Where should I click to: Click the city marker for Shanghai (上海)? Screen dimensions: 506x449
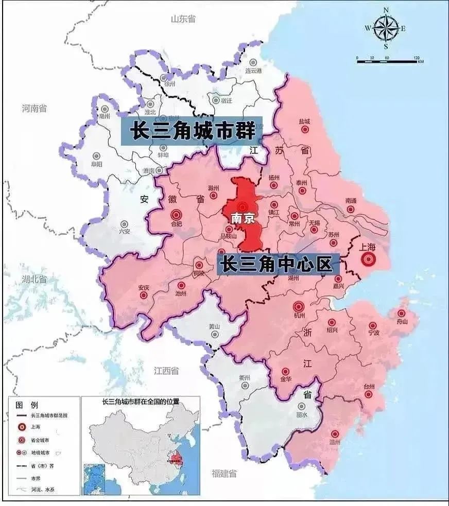(x=368, y=260)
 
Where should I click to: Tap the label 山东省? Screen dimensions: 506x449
(x=183, y=19)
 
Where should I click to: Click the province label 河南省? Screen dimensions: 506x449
(x=34, y=109)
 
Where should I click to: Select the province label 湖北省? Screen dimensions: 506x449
(x=34, y=280)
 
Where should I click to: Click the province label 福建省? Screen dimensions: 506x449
(x=224, y=473)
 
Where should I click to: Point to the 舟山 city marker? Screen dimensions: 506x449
(x=401, y=313)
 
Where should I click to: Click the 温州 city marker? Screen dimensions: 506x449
(x=335, y=434)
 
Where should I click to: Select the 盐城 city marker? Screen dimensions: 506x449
(x=305, y=130)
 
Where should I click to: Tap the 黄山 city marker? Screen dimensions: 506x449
(x=215, y=334)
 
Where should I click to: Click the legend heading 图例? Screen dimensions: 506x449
(x=26, y=405)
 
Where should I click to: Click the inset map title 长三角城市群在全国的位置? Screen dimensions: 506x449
(x=136, y=401)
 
